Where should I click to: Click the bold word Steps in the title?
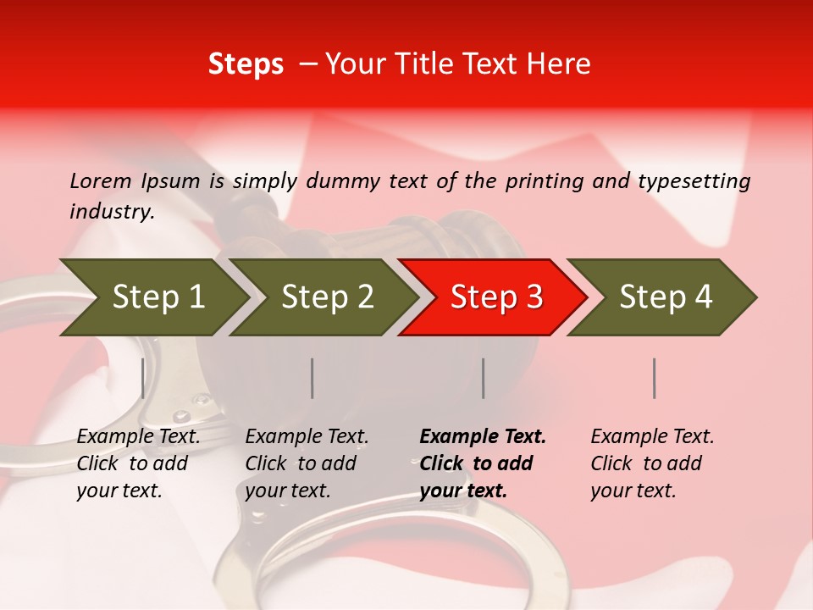pyautogui.click(x=246, y=64)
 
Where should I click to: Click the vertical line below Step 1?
pyautogui.click(x=143, y=378)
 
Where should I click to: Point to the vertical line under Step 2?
pyautogui.click(x=312, y=378)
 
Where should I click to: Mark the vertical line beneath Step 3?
pyautogui.click(x=484, y=378)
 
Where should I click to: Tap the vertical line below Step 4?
pyautogui.click(x=655, y=378)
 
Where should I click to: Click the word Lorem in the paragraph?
pyautogui.click(x=101, y=181)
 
